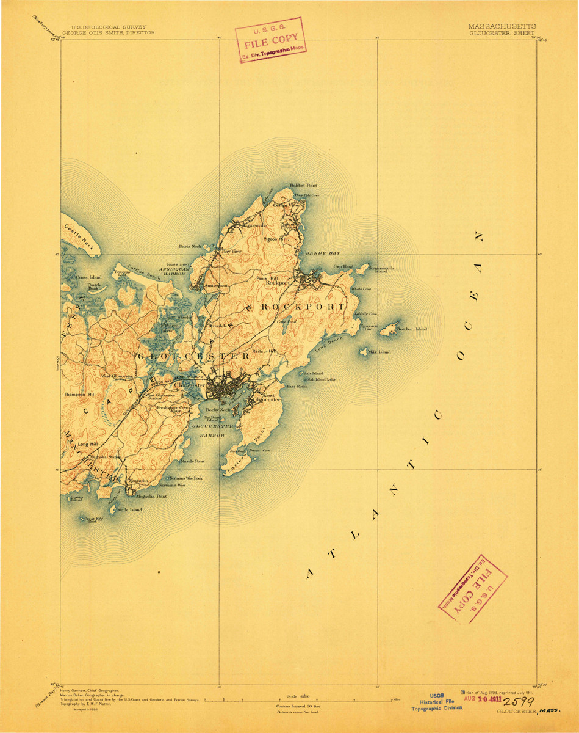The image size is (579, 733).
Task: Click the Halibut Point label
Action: coord(303,184)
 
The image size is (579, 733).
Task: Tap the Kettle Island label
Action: coord(129,509)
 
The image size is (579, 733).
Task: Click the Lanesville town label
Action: coord(256,225)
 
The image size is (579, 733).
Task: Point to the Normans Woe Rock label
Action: coord(185,478)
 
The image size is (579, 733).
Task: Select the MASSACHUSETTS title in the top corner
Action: coord(502,27)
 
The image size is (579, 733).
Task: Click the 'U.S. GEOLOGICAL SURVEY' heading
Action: coord(104,27)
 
